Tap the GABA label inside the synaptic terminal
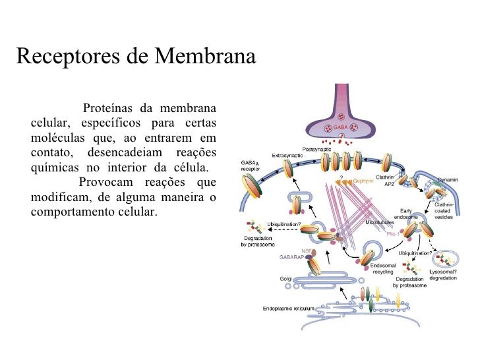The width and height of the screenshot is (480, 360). point(340,127)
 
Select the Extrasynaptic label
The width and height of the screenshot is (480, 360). point(286,155)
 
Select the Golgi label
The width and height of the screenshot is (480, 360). point(285,279)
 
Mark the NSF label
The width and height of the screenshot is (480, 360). point(306,251)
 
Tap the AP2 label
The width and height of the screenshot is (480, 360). point(389,185)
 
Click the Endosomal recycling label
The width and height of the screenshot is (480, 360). point(383,268)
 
